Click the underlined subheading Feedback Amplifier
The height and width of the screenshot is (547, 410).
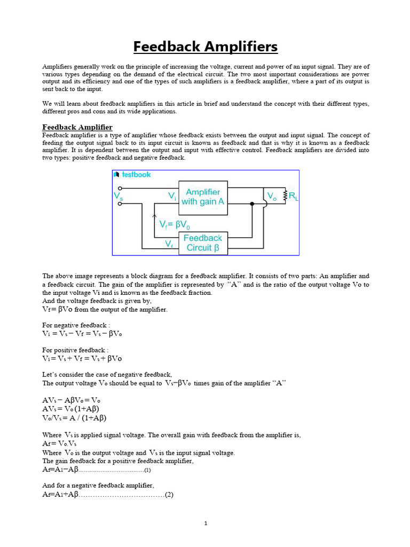coord(77,127)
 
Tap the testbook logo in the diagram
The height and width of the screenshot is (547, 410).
coord(132,175)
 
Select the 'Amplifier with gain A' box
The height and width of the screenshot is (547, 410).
coord(202,197)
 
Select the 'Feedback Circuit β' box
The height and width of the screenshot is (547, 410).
coord(203,243)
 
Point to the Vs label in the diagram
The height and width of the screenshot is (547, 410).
coord(118,196)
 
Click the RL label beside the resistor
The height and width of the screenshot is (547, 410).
coord(294,197)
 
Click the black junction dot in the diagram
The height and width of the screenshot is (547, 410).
coord(252,204)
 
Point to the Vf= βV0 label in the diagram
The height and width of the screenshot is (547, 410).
coord(175,225)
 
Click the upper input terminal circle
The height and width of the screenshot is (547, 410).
coord(120,188)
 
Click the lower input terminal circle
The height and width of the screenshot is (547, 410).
coord(120,204)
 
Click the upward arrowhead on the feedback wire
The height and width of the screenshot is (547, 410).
coord(155,217)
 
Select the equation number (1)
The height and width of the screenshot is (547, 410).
coord(148,471)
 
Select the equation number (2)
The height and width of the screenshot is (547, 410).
coord(169,495)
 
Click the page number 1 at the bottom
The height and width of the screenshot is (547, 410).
coord(206,523)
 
